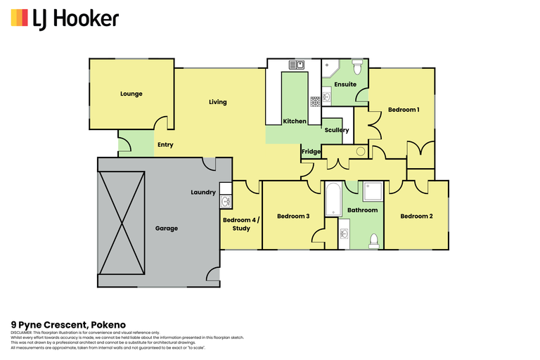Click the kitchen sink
297,65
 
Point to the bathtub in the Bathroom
333,199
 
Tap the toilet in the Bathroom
373,240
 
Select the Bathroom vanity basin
345,233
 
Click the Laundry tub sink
226,201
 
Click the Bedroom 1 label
404,110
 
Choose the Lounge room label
131,94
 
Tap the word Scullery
337,130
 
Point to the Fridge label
311,152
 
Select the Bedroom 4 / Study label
241,224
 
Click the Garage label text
167,229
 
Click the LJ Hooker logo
65,18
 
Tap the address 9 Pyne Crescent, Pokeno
63,324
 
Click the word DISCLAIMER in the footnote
22,332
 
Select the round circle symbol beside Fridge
361,151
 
